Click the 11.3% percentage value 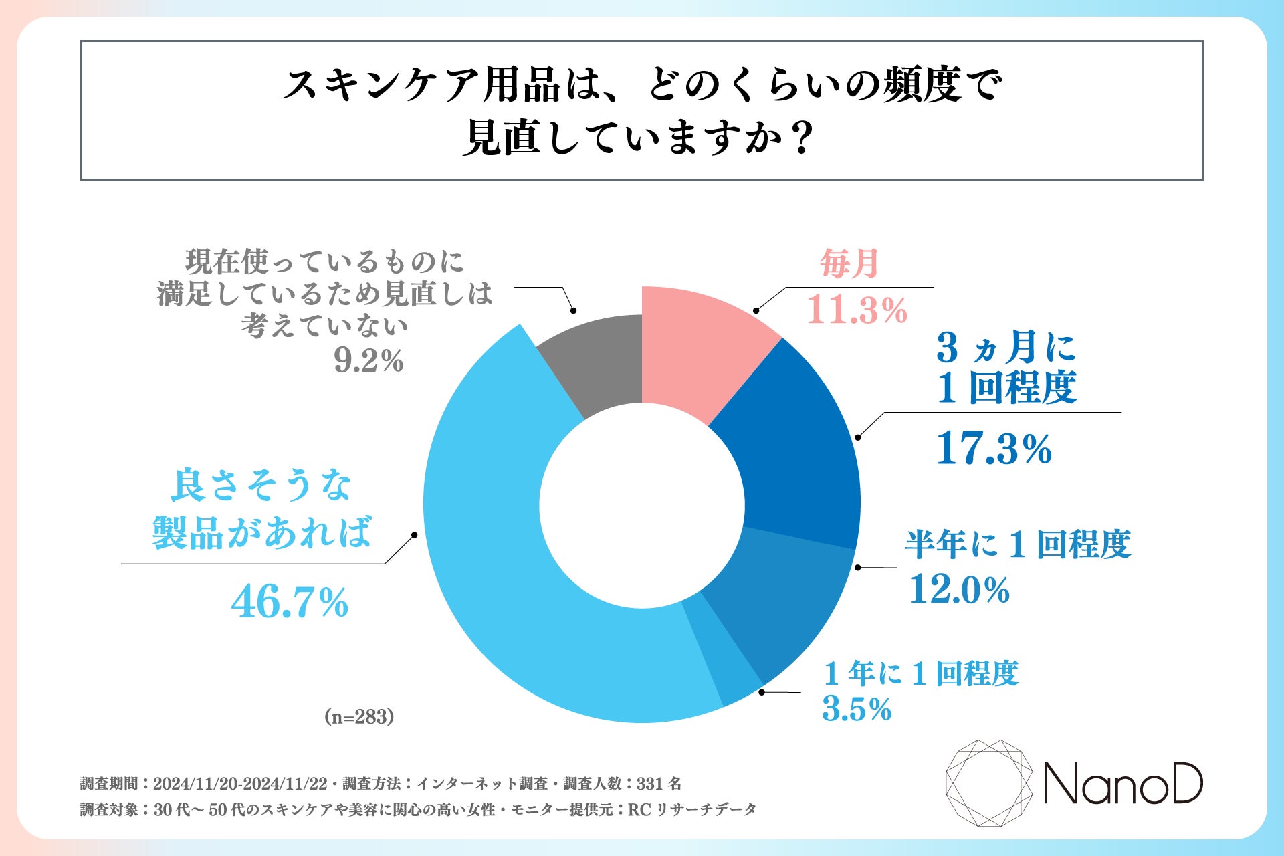pyautogui.click(x=857, y=310)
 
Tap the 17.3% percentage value pyautogui.click(x=994, y=448)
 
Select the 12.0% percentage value pyautogui.click(x=959, y=590)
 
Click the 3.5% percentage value pyautogui.click(x=857, y=709)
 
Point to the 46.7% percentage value pyautogui.click(x=290, y=602)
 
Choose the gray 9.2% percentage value pyautogui.click(x=368, y=362)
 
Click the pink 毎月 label pyautogui.click(x=849, y=263)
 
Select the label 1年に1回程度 pyautogui.click(x=921, y=673)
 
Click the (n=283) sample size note pyautogui.click(x=359, y=717)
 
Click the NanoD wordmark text pyautogui.click(x=1123, y=784)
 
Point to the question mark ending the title pyautogui.click(x=800, y=138)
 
